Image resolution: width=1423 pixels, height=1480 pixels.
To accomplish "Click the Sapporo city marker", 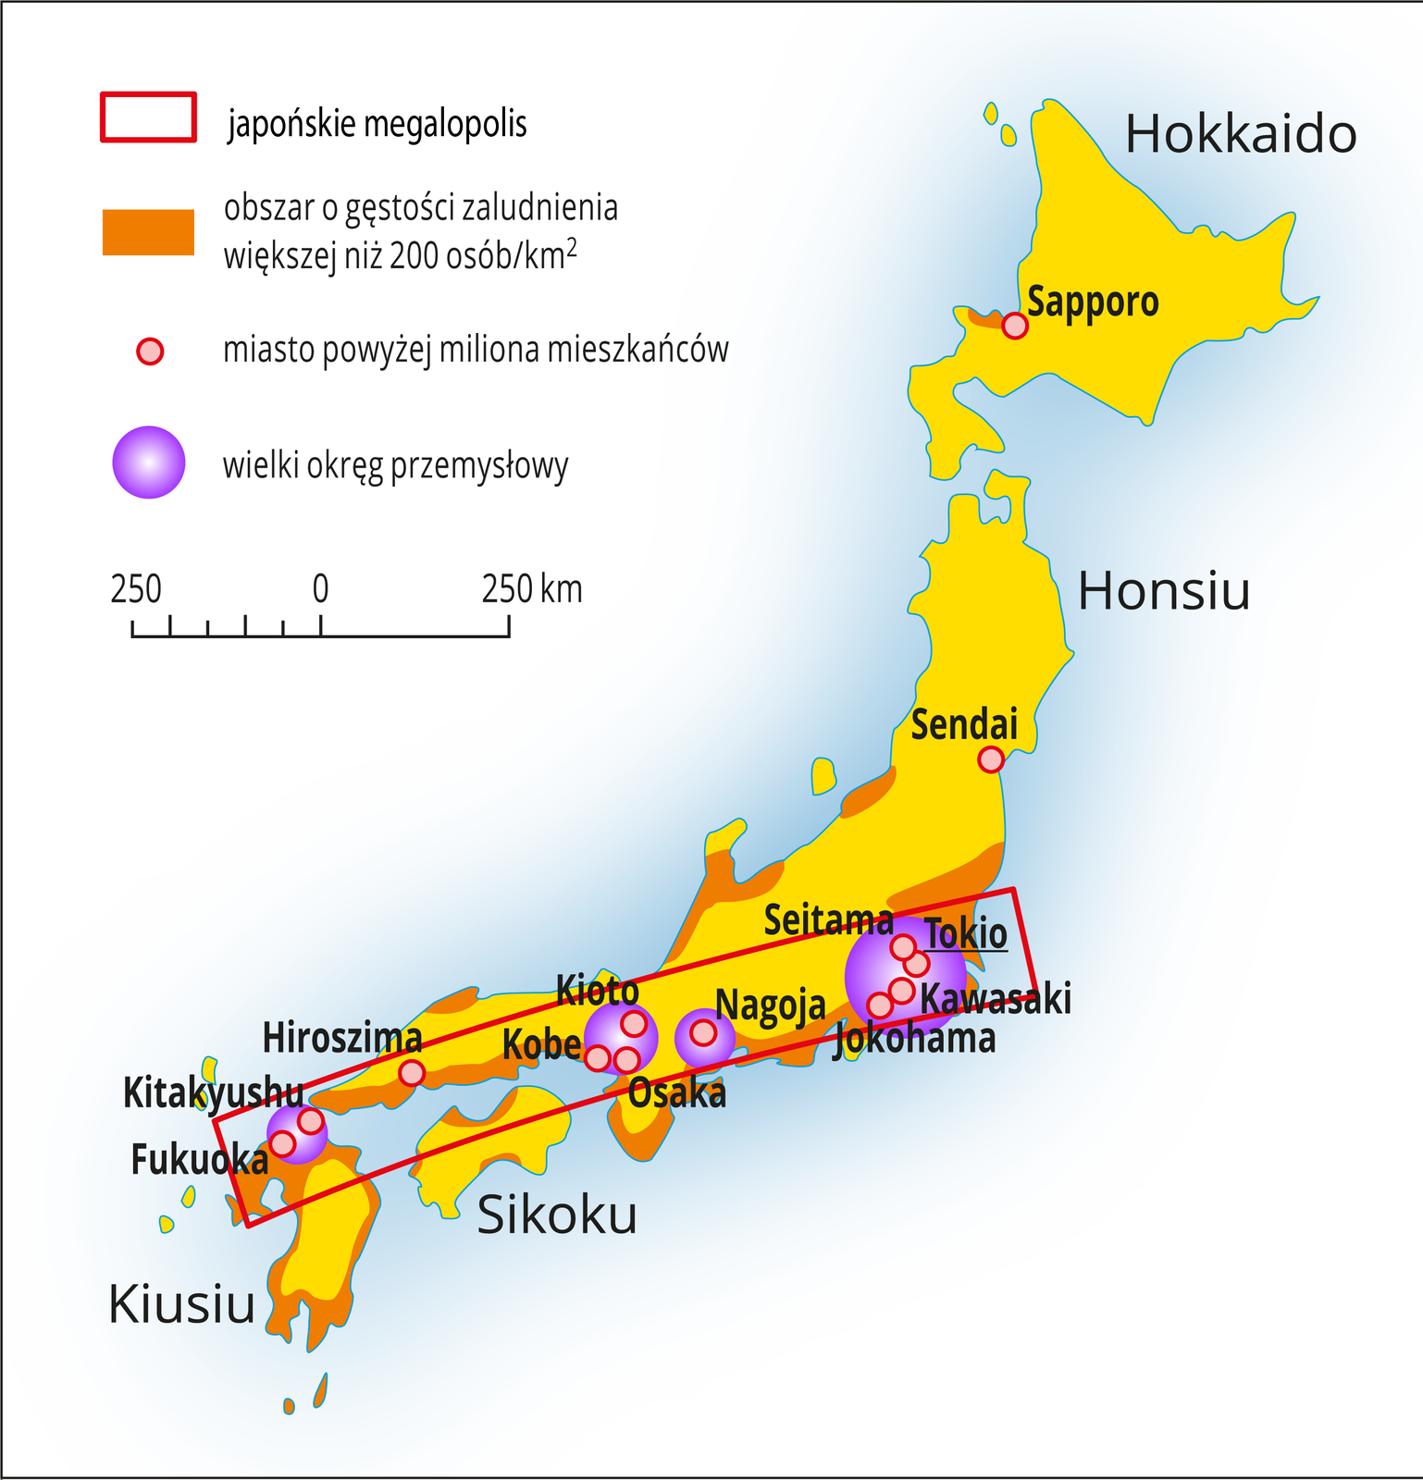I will (x=1015, y=326).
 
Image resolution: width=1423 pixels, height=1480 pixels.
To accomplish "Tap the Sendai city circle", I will (x=991, y=759).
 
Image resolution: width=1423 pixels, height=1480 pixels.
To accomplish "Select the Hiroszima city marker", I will (x=412, y=1073).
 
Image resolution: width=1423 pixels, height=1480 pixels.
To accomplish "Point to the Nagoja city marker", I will (x=703, y=1032).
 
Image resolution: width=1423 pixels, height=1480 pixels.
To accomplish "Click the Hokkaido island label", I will (x=1240, y=134).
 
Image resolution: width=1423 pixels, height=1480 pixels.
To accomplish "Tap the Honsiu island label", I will (x=1164, y=590).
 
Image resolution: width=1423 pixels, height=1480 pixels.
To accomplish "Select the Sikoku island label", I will (x=556, y=1215).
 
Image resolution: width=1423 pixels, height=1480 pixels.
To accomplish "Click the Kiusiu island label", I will (x=181, y=1304).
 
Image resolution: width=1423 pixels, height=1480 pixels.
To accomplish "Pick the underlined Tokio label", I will (x=965, y=933).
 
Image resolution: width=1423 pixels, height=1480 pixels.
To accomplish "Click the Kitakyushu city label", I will (x=213, y=1092).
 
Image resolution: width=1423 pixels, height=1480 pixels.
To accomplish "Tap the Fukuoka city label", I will (x=199, y=1160).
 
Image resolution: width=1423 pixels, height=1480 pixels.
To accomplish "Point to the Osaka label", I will (x=676, y=1093).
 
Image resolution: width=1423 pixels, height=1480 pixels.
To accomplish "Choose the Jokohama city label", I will (x=915, y=1039).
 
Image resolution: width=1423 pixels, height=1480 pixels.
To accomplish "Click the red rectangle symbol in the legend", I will (x=148, y=117).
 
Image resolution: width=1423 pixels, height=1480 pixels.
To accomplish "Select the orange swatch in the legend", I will (x=148, y=232).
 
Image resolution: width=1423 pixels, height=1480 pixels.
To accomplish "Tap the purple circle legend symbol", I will (x=148, y=462).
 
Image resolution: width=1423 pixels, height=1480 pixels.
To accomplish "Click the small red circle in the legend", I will (x=150, y=351).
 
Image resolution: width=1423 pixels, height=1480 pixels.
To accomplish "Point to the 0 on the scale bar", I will (x=320, y=589).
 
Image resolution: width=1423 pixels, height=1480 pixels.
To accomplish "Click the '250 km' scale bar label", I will (x=532, y=589).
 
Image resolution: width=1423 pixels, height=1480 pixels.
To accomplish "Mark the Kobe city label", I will (x=541, y=1044).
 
